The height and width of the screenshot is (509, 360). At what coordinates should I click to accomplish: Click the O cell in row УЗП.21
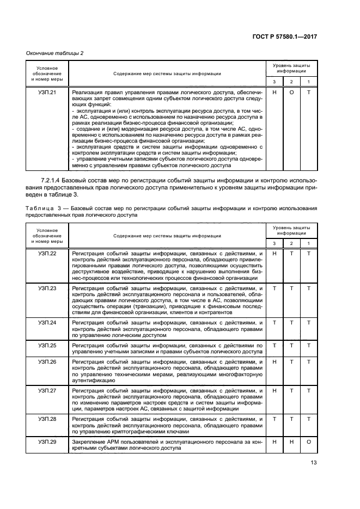click(x=291, y=93)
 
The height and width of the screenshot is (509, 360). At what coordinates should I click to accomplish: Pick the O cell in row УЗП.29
click(x=309, y=442)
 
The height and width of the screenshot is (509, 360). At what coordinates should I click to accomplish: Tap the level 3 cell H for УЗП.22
click(x=274, y=254)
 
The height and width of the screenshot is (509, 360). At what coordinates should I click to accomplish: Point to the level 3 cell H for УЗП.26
click(x=274, y=362)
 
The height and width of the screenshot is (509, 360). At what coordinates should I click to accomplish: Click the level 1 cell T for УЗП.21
click(x=309, y=93)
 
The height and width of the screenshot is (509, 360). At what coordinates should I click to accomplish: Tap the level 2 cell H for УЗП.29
click(x=291, y=442)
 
